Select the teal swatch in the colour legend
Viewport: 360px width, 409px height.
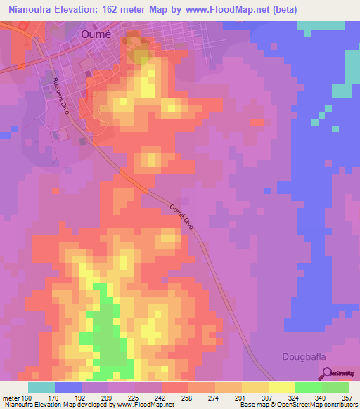(41, 387)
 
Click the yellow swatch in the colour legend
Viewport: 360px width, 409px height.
(282, 387)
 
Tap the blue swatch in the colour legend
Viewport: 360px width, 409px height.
(68, 387)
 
